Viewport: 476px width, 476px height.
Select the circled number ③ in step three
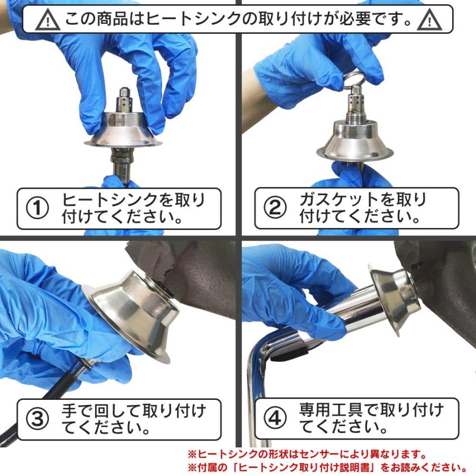38,419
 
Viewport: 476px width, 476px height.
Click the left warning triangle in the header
48,20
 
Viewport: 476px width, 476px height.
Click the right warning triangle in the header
429,20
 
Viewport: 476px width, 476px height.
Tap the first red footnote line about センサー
307,454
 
